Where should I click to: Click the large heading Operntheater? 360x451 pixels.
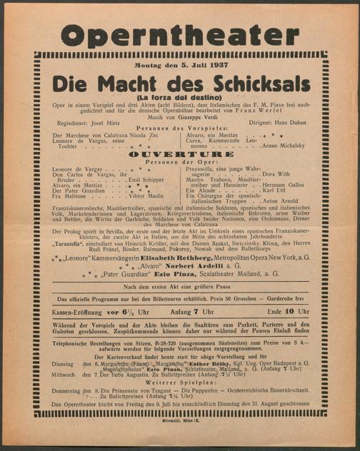click(x=179, y=35)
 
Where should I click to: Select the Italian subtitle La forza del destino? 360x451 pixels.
click(x=181, y=96)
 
